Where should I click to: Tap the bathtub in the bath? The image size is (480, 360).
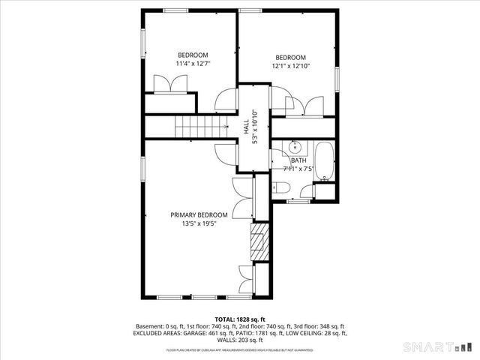tap(324, 161)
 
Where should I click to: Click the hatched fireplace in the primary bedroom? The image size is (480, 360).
tap(259, 242)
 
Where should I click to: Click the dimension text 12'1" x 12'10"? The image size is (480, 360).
tap(290, 67)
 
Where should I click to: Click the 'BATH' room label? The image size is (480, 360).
tap(298, 160)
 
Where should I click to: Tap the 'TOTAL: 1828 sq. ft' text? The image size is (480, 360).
tap(239, 319)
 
